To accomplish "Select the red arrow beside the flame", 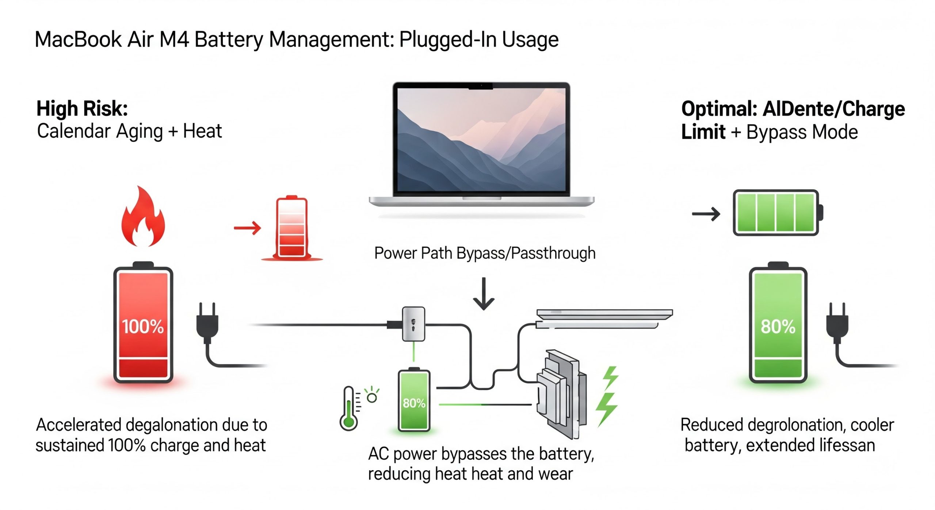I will click(x=248, y=228).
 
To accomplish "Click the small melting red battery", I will click(x=292, y=228).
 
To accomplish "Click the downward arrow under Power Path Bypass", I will click(x=484, y=294).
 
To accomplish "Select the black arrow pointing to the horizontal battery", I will click(x=706, y=214).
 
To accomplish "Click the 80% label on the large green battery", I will click(x=778, y=326).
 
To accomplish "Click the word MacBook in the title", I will click(x=78, y=39).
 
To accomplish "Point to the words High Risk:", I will click(x=82, y=109).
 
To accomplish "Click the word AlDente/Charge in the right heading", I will click(x=833, y=109).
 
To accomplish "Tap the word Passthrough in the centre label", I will click(x=553, y=253).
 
